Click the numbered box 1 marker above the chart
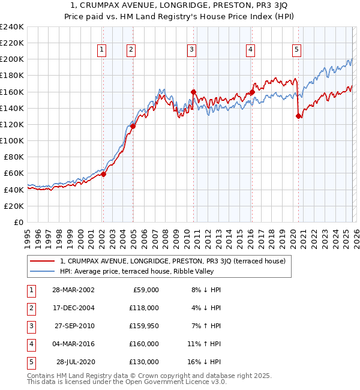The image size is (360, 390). (102, 50)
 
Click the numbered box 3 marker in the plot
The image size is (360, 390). (191, 50)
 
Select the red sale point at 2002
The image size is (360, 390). (103, 174)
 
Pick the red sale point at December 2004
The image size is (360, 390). (133, 126)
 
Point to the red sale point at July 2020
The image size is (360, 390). (298, 116)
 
